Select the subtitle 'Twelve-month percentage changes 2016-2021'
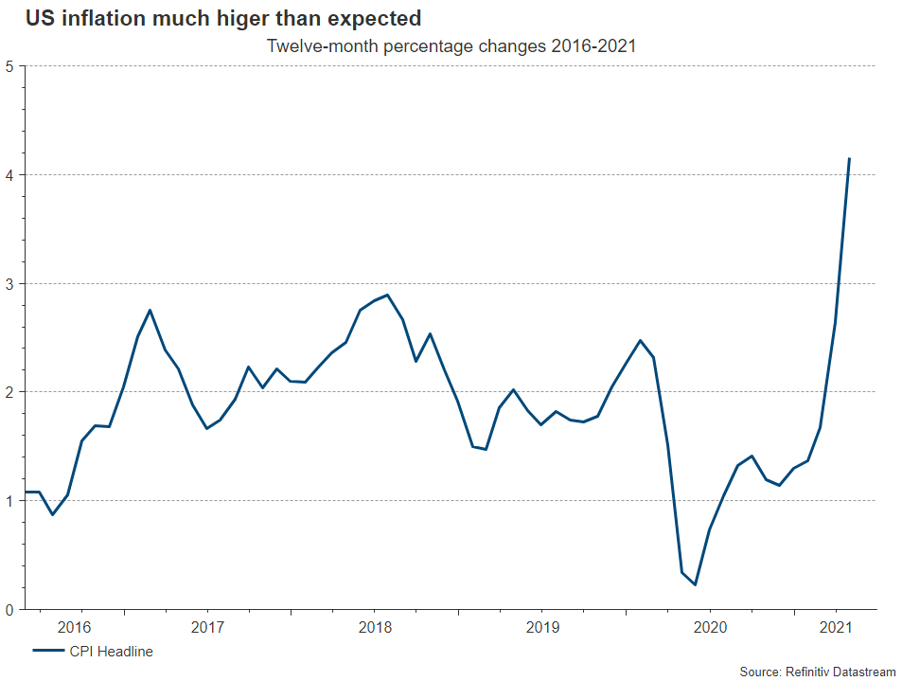pos(451,45)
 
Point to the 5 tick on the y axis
pos(9,66)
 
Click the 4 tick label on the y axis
pos(9,175)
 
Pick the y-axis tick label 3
pos(9,284)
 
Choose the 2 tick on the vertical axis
pos(9,392)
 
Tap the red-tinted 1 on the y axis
pos(9,501)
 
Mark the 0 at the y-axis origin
pos(9,610)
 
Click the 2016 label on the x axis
pos(74,627)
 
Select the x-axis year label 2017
pos(207,627)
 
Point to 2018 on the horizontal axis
pos(376,627)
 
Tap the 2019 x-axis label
pos(542,627)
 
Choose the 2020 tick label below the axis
pos(710,627)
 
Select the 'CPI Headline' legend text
pos(111,652)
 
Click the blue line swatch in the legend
pos(47,652)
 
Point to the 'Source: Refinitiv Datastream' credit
pos(817,672)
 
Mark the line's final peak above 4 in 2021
pos(849,158)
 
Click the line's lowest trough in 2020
pos(696,584)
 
